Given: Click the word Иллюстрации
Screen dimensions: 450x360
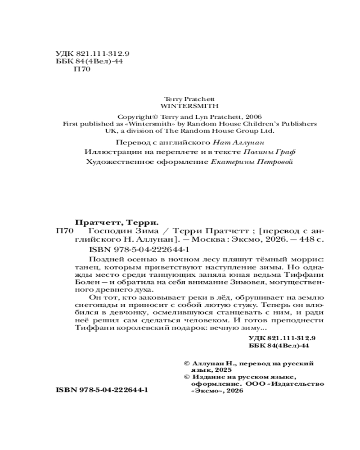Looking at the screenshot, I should [107, 152].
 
